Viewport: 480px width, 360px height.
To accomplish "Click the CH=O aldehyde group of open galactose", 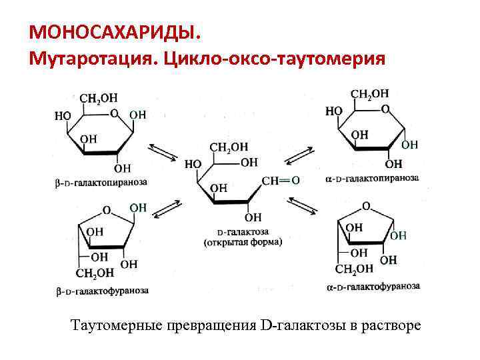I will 281,181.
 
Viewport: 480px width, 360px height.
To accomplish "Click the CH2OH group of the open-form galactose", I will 229,147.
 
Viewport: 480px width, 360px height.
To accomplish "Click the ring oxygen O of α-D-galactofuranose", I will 366,205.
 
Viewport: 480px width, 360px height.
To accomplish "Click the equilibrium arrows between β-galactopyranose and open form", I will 163,152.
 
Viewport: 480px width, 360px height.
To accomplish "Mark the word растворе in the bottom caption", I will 393,326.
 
